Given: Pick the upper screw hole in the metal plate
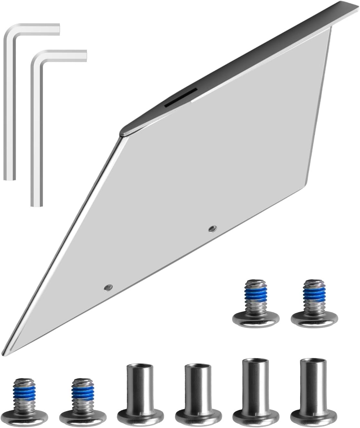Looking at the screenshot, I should [212, 229].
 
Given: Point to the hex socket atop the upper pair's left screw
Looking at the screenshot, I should [255, 283].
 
